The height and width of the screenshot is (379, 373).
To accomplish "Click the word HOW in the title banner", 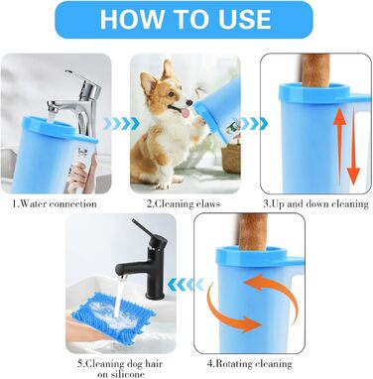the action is (128, 19).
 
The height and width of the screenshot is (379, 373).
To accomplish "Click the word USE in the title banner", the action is (244, 19).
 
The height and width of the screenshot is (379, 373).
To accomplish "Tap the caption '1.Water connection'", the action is (55, 203).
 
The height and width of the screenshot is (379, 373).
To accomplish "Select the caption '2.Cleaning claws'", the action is (184, 203).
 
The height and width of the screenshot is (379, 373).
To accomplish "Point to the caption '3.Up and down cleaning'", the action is (315, 204).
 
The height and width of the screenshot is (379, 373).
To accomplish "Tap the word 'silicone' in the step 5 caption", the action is (121, 374).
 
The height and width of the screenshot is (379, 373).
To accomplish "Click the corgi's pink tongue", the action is (186, 113).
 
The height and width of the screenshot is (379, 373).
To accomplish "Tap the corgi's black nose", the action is (189, 102).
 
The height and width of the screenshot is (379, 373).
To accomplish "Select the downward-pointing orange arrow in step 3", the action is (353, 147).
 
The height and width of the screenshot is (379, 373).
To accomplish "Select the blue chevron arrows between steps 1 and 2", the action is (121, 124).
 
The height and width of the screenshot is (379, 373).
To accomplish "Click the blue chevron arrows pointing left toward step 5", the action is (186, 284).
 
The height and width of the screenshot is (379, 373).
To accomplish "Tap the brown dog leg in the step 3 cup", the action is (315, 70).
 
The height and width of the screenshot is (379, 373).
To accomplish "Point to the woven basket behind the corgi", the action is (231, 158).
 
